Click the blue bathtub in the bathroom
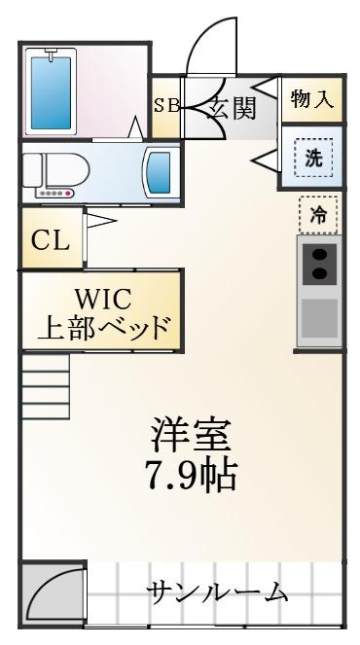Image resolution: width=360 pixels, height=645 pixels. pos(51,92)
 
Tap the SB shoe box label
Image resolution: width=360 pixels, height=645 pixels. pos(166,106)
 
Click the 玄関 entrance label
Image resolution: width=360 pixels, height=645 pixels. pos(232,108)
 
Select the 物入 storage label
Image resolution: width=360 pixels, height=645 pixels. pos(312,99)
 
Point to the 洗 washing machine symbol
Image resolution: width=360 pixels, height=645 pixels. pos(313,158)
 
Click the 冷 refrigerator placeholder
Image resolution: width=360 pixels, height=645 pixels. pos(318,215)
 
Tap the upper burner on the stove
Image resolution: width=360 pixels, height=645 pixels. pos(320,256)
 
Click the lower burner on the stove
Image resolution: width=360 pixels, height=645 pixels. pos(320,272)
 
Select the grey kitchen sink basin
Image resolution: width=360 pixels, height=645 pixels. pos(320,318)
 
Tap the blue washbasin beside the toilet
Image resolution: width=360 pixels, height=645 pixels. pos(159,172)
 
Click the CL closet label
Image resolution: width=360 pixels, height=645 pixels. pos(51,241)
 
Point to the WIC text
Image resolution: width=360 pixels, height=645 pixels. pos(103,299)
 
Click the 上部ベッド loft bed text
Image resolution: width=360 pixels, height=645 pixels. pos(103,327)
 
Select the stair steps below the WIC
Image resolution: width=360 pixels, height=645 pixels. pos(46,387)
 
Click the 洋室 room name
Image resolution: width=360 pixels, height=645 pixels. pos(190,435)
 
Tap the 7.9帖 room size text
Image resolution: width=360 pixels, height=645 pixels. pos(193,475)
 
